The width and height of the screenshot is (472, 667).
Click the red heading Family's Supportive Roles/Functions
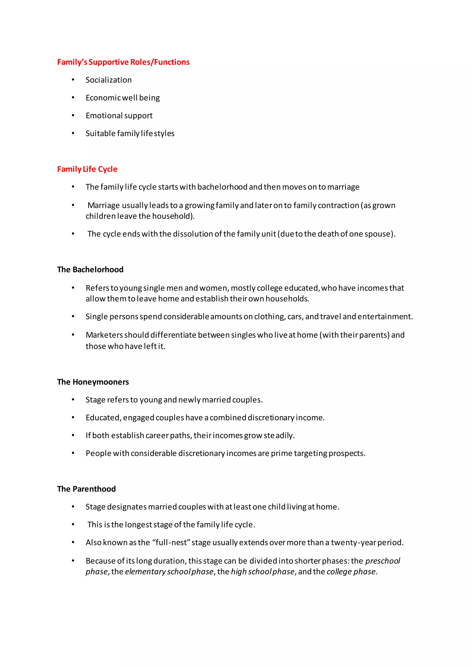point(123,62)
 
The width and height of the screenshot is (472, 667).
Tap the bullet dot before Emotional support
point(73,116)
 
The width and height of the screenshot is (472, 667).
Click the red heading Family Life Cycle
point(87,169)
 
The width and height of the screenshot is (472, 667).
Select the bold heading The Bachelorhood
point(90,270)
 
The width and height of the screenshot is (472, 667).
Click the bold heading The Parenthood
point(86,489)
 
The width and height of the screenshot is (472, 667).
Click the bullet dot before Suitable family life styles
point(73,133)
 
